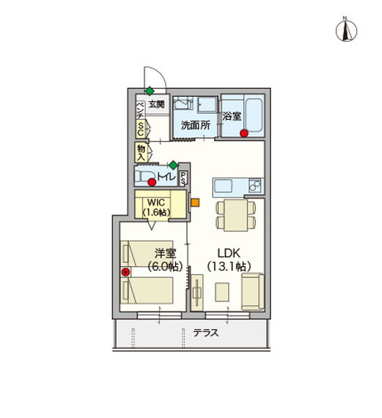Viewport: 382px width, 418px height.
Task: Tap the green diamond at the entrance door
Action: pos(149,91)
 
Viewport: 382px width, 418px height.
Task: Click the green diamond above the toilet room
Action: pos(173,165)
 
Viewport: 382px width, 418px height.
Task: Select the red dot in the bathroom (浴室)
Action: pos(243,132)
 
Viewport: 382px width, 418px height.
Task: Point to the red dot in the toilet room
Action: pos(151,183)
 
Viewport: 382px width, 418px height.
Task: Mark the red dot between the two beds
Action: pos(125,272)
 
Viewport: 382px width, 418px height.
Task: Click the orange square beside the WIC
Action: pos(194,203)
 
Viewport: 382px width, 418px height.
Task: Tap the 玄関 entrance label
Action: pos(157,104)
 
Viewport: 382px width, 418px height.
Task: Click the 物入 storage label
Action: pos(140,151)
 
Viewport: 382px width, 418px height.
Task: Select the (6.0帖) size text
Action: pos(160,265)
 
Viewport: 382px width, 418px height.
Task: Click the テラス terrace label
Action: pos(206,333)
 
